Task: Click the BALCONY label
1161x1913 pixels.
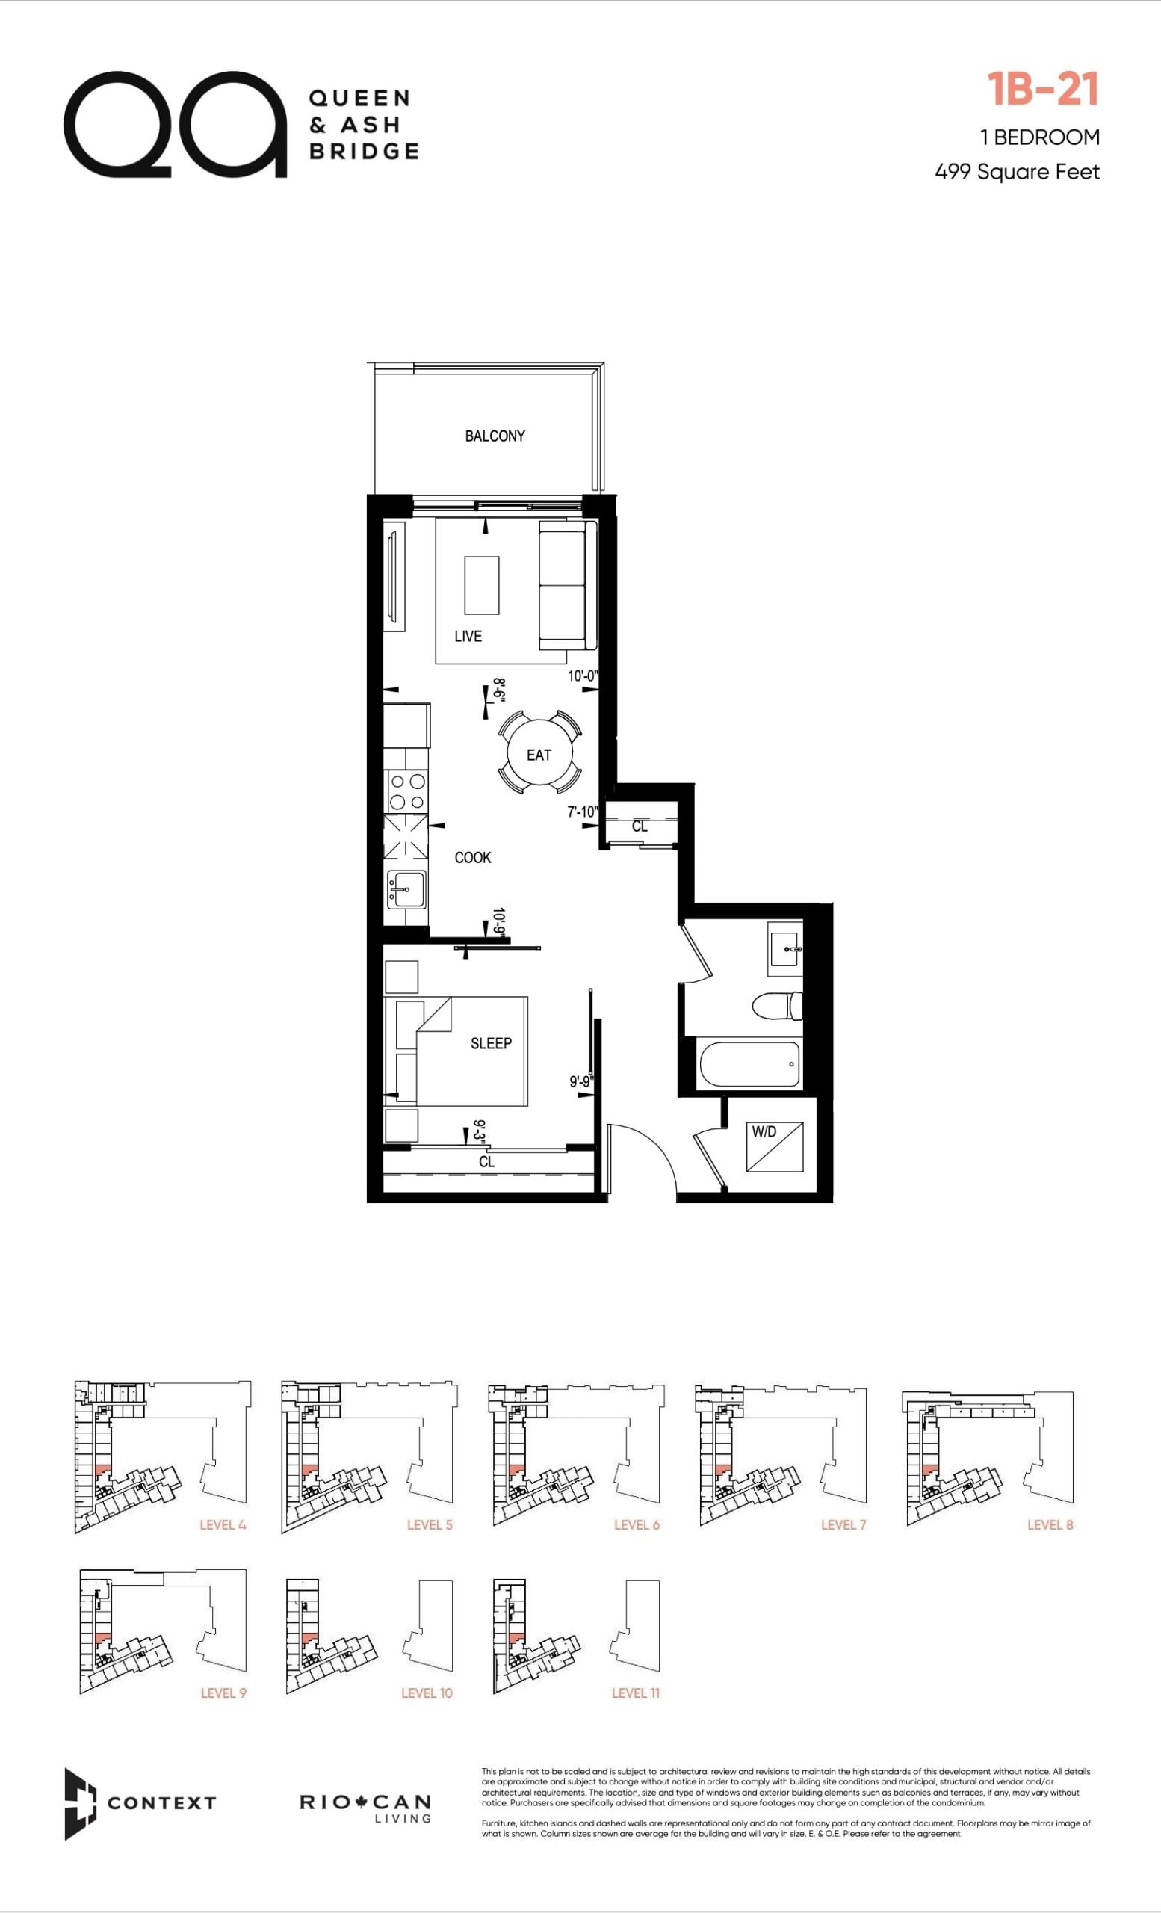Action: point(495,436)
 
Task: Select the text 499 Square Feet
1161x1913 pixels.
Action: point(1017,172)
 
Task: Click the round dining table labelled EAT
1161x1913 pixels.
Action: point(539,754)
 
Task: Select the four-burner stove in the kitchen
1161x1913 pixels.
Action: point(406,792)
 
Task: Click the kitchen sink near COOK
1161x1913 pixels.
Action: point(406,889)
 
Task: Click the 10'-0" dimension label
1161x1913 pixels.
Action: point(583,676)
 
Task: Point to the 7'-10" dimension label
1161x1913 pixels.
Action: point(583,812)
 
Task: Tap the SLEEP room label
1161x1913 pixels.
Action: point(492,1043)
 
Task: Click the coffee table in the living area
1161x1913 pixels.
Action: point(481,585)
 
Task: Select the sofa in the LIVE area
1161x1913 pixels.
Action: point(567,585)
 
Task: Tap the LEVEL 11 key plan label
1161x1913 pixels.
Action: point(636,1693)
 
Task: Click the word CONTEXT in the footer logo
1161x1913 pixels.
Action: point(161,1802)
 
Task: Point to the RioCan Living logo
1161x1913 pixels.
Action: point(365,1807)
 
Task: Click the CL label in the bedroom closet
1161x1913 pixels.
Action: point(486,1161)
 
